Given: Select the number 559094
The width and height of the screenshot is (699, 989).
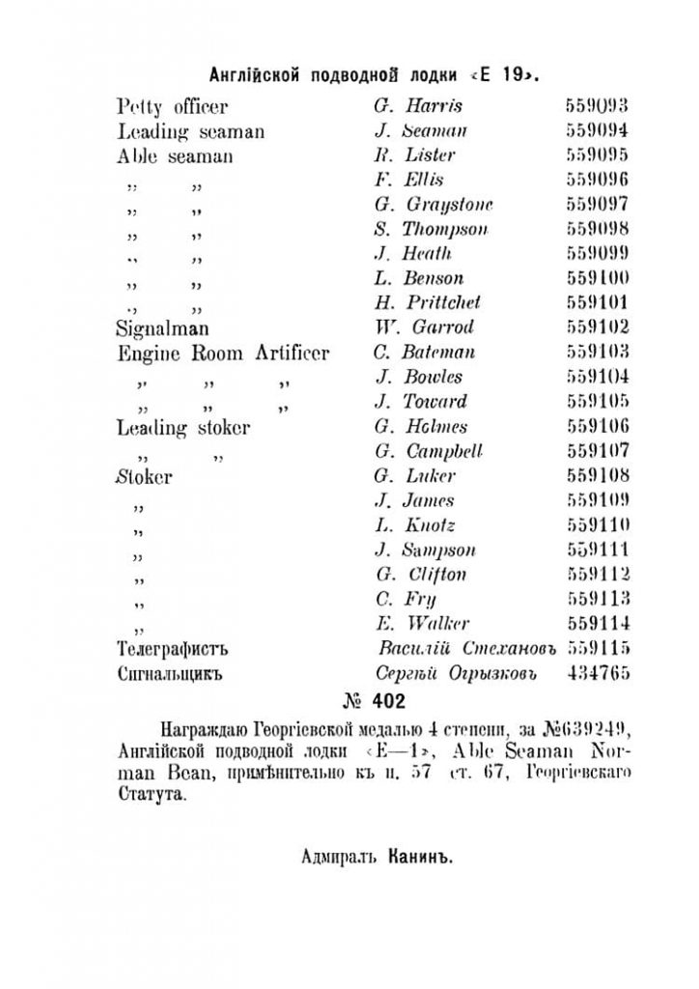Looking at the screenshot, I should [597, 131].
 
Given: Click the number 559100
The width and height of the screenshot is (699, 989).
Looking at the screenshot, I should [597, 278].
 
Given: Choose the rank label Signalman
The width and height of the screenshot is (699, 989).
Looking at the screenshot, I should [159, 327].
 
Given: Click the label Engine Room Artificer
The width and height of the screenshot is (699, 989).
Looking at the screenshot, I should [222, 353].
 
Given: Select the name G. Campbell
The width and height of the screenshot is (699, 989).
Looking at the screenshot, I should [428, 451].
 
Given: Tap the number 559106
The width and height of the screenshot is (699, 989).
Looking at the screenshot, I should [597, 427].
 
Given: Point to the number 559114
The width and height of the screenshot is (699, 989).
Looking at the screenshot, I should [597, 624].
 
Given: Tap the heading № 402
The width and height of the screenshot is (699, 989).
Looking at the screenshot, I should [373, 699].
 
